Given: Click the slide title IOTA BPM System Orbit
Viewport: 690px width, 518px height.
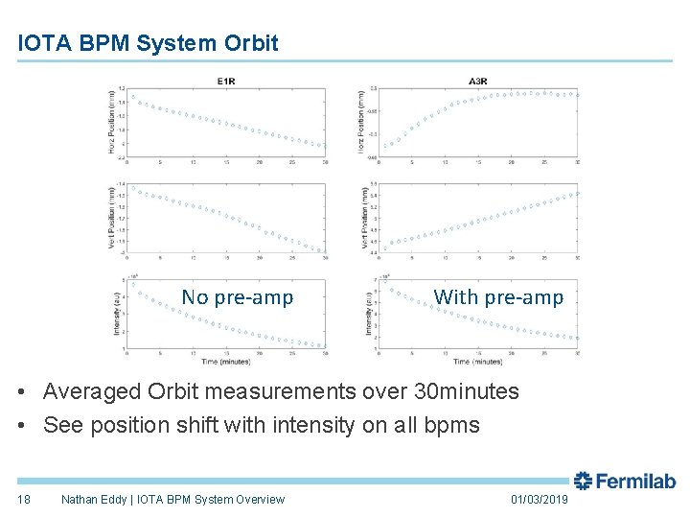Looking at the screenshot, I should click(149, 43).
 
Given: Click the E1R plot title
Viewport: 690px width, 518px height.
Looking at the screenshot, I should click(225, 82).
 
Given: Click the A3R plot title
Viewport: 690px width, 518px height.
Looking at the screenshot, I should click(477, 82).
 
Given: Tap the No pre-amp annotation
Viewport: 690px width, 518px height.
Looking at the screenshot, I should click(238, 297).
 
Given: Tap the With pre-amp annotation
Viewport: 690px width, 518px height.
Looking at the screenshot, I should click(498, 297).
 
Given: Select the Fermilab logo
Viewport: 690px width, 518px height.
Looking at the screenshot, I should click(625, 482).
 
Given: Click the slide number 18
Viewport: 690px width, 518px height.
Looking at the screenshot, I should click(24, 499).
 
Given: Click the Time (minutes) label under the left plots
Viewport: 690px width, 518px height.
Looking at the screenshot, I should click(225, 362).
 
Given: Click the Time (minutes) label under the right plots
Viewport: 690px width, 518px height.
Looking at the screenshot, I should click(477, 362).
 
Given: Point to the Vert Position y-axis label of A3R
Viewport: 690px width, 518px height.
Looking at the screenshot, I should click(364, 219).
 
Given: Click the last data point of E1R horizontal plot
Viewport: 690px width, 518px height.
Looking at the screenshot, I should click(323, 147).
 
